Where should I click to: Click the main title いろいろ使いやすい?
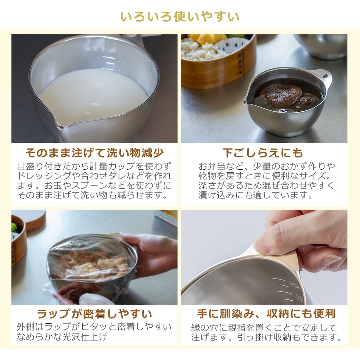pyautogui.click(x=180, y=17)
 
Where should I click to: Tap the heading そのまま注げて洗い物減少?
pyautogui.click(x=94, y=153)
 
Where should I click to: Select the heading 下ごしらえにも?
pyautogui.click(x=263, y=153)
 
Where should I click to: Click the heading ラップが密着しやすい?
pyautogui.click(x=94, y=314)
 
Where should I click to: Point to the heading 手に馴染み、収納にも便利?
pyautogui.click(x=266, y=314)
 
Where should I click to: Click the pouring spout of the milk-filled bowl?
pyautogui.click(x=60, y=125)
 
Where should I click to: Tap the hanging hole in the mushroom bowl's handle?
pyautogui.click(x=325, y=76)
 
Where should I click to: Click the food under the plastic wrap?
pyautogui.click(x=94, y=264)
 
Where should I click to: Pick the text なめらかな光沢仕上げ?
pyautogui.click(x=62, y=336)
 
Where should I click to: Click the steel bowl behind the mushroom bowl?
pyautogui.click(x=321, y=46)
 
